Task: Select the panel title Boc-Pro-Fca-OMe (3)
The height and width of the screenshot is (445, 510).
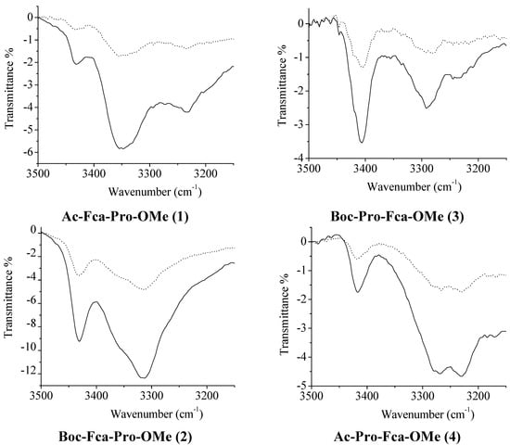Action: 396,216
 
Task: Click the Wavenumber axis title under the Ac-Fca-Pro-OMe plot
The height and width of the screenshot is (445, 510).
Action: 135,185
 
